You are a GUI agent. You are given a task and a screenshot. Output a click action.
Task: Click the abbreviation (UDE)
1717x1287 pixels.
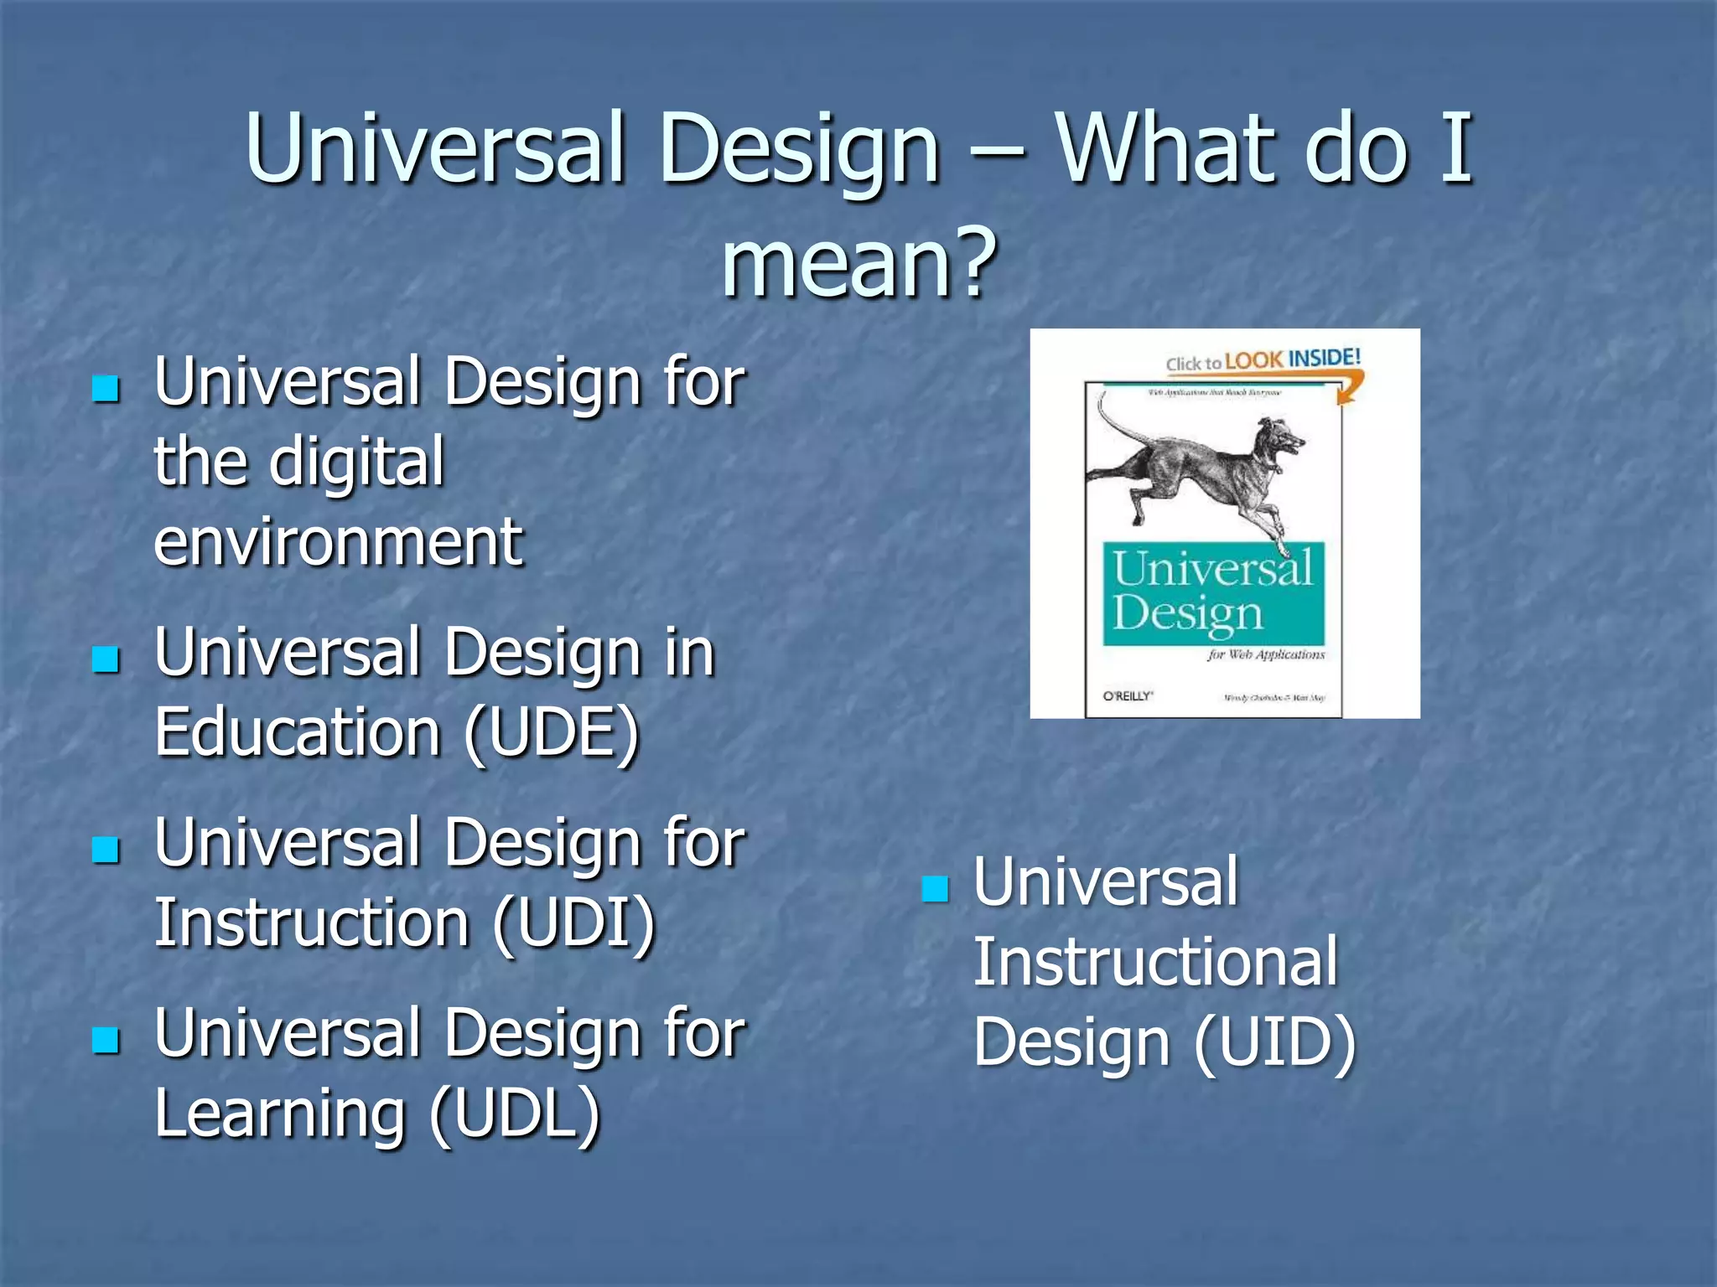[x=552, y=732]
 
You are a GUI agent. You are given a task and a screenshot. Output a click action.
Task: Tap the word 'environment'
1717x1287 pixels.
[x=338, y=542]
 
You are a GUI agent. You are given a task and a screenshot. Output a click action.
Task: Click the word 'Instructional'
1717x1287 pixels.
[x=1154, y=962]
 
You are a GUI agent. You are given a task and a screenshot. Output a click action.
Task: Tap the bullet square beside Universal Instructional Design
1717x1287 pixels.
[x=934, y=888]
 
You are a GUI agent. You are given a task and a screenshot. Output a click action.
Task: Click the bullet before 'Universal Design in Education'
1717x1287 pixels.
[x=106, y=659]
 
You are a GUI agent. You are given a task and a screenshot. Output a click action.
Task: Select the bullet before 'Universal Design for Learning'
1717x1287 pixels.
[x=106, y=1040]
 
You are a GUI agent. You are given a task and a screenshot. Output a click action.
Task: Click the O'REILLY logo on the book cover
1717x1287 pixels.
[x=1128, y=695]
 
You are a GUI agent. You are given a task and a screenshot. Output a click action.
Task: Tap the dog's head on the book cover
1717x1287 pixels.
[x=1279, y=440]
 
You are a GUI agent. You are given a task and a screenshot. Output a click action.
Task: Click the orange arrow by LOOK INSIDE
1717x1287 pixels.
[x=1349, y=387]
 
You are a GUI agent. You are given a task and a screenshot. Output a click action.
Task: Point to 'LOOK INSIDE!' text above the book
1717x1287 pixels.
[x=1292, y=359]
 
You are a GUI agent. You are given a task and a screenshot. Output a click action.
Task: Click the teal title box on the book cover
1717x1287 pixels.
[x=1213, y=593]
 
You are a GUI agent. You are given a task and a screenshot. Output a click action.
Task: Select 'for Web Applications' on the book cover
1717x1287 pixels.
[x=1266, y=654]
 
